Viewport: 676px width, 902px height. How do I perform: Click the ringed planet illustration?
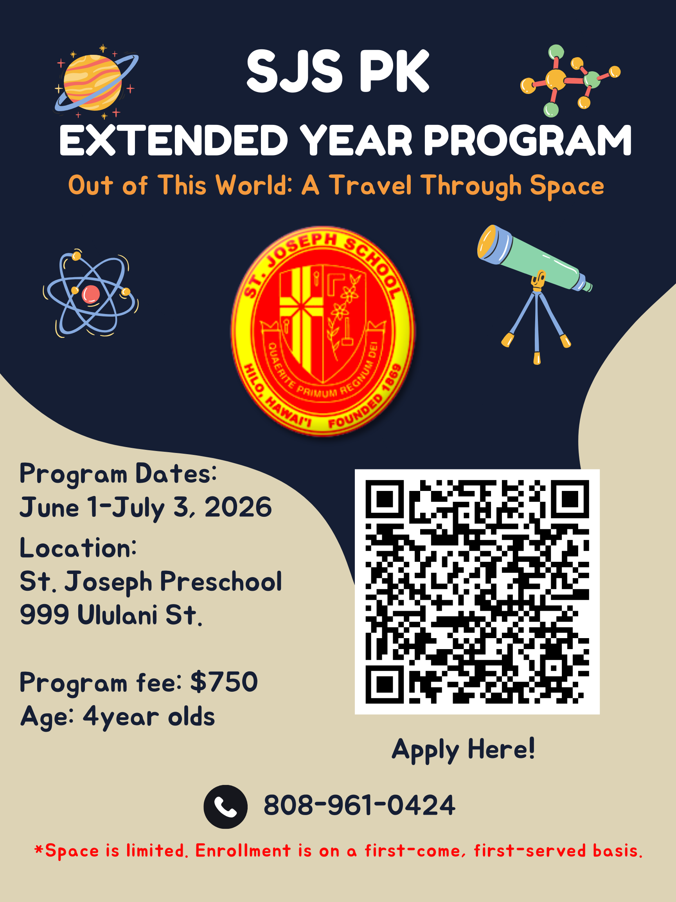tap(96, 82)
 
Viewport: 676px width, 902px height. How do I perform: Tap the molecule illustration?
tap(570, 80)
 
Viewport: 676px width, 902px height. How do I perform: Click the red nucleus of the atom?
tap(90, 294)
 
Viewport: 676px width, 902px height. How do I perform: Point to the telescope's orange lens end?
tap(488, 244)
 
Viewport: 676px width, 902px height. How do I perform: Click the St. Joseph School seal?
tap(323, 331)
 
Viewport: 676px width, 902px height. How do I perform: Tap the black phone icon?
tap(225, 806)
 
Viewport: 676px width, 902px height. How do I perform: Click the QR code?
tap(477, 592)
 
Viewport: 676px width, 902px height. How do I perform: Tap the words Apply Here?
tap(463, 750)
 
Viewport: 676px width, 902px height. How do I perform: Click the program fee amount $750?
tap(224, 681)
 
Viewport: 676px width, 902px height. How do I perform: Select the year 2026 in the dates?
tap(238, 507)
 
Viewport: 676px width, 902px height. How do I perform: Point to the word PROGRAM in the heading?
tap(528, 140)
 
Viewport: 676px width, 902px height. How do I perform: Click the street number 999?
tap(45, 615)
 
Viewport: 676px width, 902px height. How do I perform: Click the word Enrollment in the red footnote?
tap(243, 851)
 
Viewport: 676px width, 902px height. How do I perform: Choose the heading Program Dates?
tap(118, 474)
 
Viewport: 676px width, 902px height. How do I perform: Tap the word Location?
tap(78, 547)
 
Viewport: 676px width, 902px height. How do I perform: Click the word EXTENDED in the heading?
tap(174, 140)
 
